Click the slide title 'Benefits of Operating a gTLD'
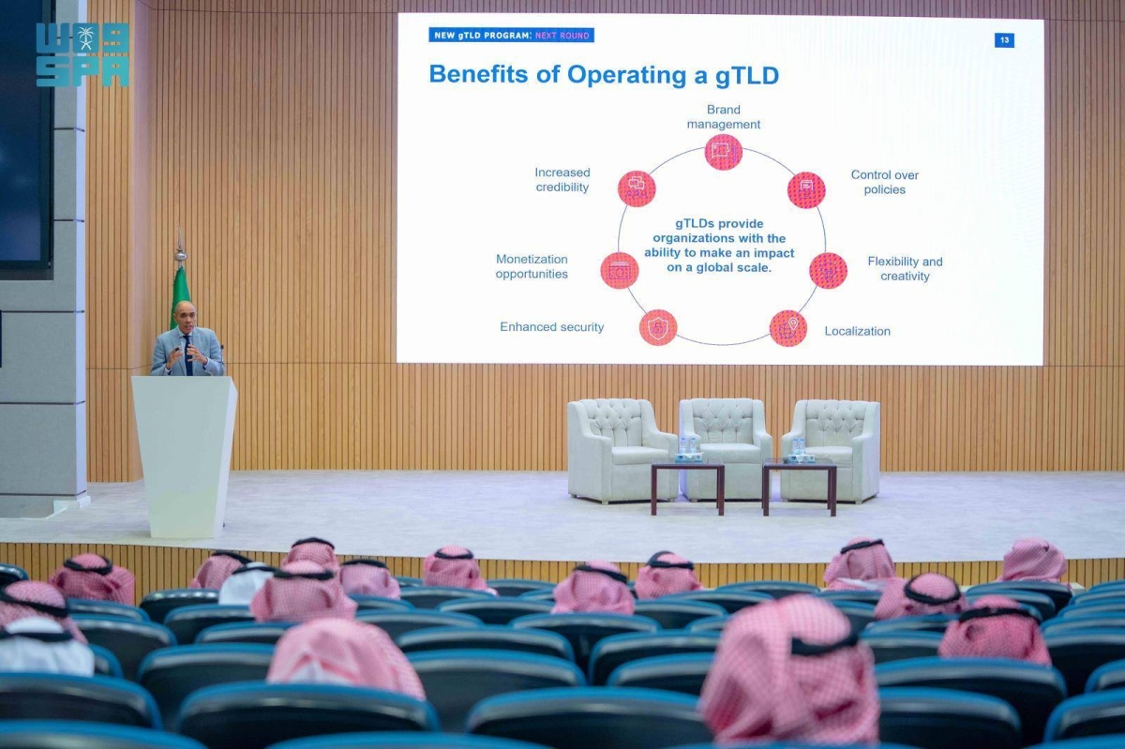(604, 75)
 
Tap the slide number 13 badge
(1004, 40)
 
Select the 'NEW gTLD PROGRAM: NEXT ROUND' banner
(511, 36)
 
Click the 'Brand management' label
(723, 117)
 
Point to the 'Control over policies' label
(884, 183)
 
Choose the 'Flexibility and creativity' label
(905, 269)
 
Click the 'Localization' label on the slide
(857, 331)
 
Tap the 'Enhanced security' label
(551, 327)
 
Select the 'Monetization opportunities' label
(532, 267)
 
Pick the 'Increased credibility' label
(562, 180)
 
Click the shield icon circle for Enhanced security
(658, 327)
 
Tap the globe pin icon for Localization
(788, 328)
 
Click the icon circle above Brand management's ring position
(723, 152)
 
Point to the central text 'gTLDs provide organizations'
(719, 246)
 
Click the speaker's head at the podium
(185, 314)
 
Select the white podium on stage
(185, 457)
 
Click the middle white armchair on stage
(726, 447)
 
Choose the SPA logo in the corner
(82, 54)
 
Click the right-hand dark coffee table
(800, 485)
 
